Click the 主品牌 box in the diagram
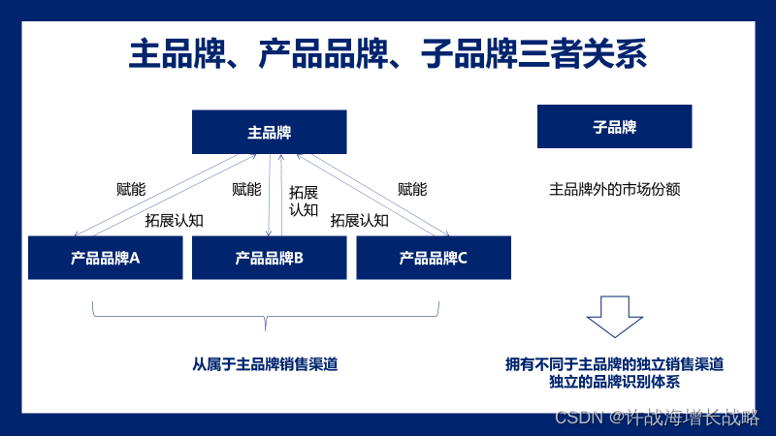pos(269,132)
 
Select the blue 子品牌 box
pos(614,126)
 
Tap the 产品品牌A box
pos(105,258)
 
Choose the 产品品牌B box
pos(269,258)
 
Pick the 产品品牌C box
pos(434,258)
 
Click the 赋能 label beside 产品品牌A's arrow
pos(130,189)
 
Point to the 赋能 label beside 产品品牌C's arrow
pos(412,189)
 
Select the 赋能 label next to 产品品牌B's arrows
pos(246,189)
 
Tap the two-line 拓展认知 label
pos(304,200)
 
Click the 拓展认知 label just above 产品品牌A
pos(174,220)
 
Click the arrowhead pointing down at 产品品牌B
pos(269,233)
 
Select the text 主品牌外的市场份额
pos(614,189)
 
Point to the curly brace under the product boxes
pos(266,314)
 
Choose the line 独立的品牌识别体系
pos(614,381)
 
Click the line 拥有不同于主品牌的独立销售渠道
pos(614,364)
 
